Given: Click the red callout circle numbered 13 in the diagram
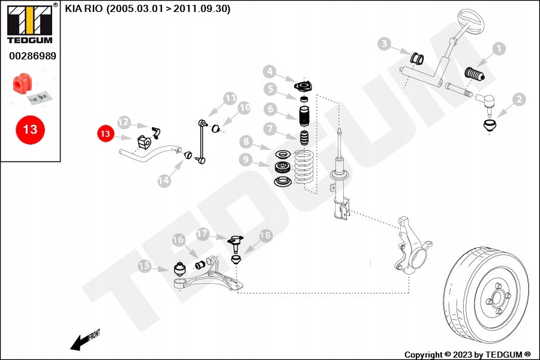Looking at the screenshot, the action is (x=106, y=133).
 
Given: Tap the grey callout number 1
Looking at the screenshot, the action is (x=499, y=49).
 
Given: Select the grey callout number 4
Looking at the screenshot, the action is (x=269, y=71).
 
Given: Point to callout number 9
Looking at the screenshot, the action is (x=245, y=159).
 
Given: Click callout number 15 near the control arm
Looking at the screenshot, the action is (x=145, y=266).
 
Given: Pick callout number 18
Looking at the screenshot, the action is (x=266, y=235).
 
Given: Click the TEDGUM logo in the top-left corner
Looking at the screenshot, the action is (x=30, y=23).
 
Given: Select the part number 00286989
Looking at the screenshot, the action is (x=32, y=56).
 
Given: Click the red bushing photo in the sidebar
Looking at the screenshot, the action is (x=20, y=83).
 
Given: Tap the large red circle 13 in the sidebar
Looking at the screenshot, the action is (x=31, y=130).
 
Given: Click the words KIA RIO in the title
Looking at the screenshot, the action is (x=83, y=8).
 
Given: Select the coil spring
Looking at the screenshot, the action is (x=304, y=166).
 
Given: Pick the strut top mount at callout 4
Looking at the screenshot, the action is (x=304, y=86).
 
